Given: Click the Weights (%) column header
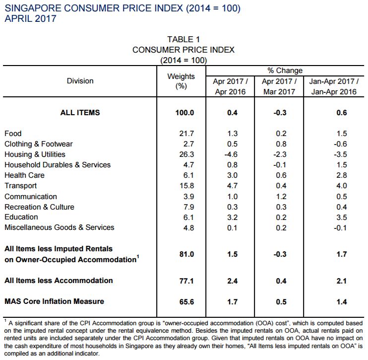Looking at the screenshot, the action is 181,81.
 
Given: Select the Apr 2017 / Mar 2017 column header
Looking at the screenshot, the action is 279,86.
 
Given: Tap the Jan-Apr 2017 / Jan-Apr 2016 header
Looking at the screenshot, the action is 334,86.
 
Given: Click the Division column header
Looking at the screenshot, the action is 80,81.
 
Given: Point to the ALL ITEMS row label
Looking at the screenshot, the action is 80,113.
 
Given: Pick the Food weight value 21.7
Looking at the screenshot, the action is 186,134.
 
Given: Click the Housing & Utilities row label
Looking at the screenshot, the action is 35,154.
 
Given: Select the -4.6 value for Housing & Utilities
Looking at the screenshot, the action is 231,154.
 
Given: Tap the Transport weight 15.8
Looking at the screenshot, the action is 186,186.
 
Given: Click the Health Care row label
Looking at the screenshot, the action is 24,175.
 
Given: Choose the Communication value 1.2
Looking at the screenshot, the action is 281,197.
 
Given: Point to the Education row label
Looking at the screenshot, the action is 21,217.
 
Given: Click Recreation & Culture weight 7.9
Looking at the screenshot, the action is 188,207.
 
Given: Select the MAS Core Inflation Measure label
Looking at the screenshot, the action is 54,301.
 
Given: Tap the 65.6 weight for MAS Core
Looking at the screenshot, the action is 186,302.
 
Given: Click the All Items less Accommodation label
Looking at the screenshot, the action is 59,281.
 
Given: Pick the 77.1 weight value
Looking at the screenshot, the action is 186,281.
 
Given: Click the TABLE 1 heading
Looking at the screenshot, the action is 184,40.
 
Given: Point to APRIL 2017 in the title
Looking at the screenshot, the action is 31,18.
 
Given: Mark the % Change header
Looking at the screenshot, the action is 285,71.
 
